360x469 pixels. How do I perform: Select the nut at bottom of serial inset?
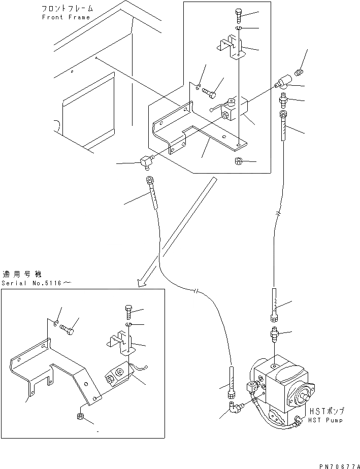[81, 416]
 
